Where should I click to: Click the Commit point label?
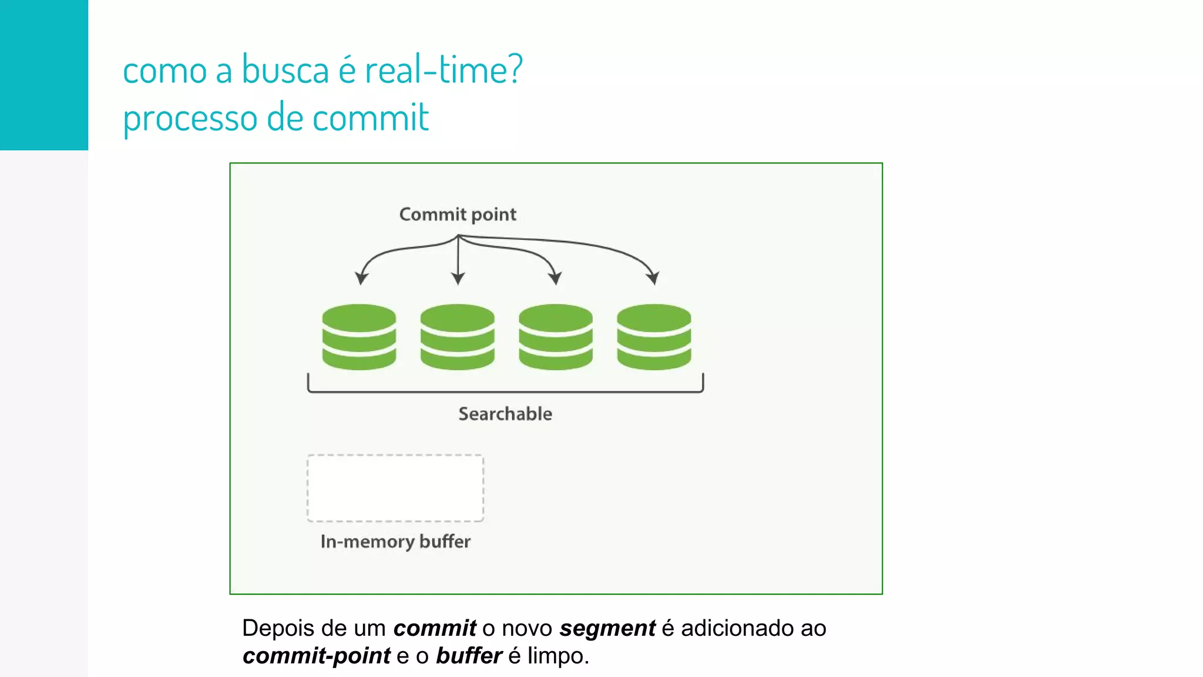(x=458, y=215)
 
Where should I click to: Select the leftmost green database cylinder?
(x=359, y=337)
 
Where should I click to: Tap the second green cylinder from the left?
(x=457, y=337)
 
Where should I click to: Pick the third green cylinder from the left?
(x=555, y=337)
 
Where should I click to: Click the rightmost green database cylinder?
(x=654, y=337)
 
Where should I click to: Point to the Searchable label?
(x=505, y=414)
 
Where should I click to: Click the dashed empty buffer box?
(x=395, y=488)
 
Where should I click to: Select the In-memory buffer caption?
(x=395, y=541)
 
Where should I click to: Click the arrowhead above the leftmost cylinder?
(x=361, y=278)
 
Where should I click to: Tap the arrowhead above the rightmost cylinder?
(x=653, y=278)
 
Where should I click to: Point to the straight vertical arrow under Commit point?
(x=458, y=259)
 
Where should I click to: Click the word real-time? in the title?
(x=443, y=70)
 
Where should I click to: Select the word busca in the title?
(x=285, y=70)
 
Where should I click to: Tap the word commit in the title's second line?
(x=371, y=118)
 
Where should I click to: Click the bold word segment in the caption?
(x=607, y=628)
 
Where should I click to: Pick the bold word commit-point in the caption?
(x=317, y=656)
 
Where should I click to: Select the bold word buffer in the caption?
(x=469, y=656)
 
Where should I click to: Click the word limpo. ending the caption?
(x=558, y=656)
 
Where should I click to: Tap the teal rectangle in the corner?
(x=44, y=75)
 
